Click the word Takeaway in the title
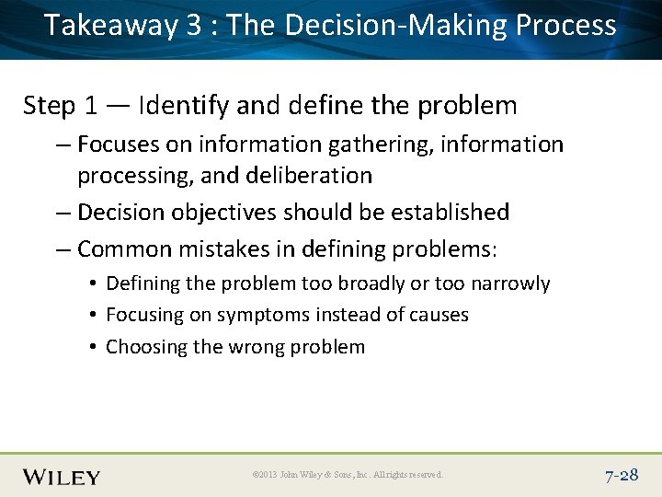click(109, 26)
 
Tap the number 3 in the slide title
click(193, 25)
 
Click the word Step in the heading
click(50, 106)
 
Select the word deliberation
click(313, 175)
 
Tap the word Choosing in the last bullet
click(141, 347)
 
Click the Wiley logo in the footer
click(62, 477)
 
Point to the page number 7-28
click(622, 476)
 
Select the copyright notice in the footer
click(348, 476)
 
